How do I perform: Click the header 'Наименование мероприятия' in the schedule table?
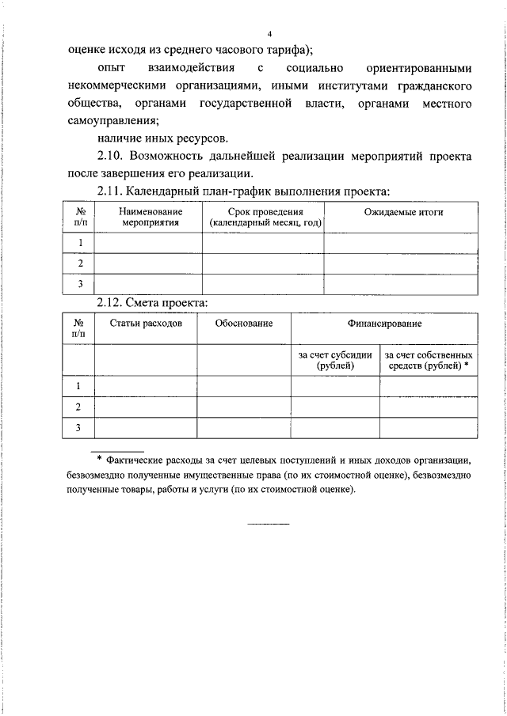click(x=151, y=218)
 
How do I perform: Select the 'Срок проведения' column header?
click(x=265, y=218)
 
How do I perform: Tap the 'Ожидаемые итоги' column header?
click(x=403, y=212)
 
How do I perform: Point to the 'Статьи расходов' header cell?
click(x=146, y=324)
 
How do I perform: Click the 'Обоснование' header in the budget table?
click(x=243, y=324)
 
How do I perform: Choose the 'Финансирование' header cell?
click(x=383, y=324)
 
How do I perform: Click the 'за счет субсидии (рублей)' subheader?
click(x=335, y=361)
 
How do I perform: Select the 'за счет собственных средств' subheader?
click(x=429, y=361)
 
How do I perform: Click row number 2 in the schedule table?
click(x=80, y=263)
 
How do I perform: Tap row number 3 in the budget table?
click(x=78, y=428)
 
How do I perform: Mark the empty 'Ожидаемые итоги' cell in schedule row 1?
click(x=403, y=243)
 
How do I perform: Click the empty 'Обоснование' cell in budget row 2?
click(x=243, y=407)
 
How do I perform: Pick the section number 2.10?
click(x=110, y=156)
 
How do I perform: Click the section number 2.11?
click(x=110, y=191)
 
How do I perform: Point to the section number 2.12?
click(x=110, y=302)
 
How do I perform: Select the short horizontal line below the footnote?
click(x=269, y=524)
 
